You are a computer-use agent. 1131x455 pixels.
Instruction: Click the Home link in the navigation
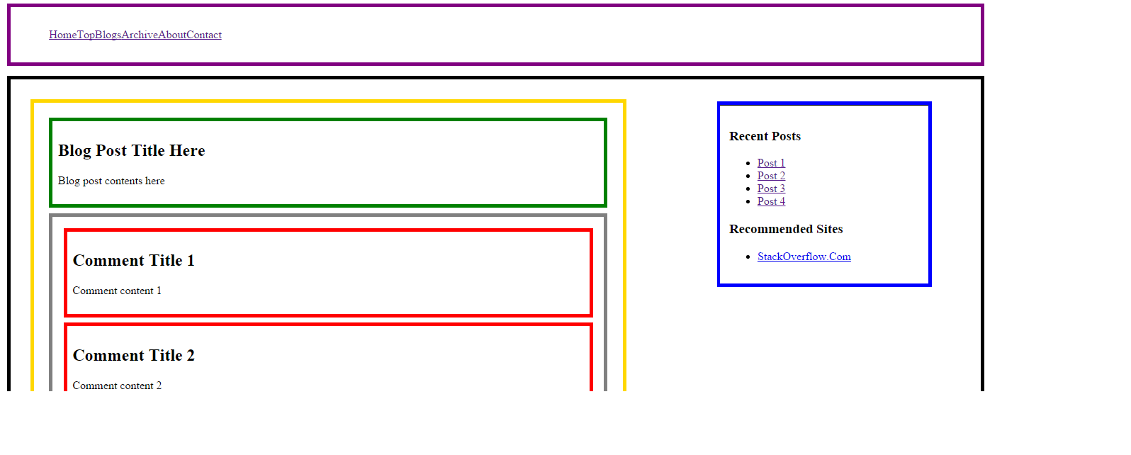[x=62, y=35]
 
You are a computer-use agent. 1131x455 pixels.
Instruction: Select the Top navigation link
[x=86, y=35]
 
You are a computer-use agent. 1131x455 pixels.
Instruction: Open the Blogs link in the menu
[x=108, y=35]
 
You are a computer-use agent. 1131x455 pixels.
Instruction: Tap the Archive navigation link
[x=140, y=35]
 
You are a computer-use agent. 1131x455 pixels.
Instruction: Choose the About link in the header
[x=172, y=35]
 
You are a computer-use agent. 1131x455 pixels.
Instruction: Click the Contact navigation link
[x=204, y=35]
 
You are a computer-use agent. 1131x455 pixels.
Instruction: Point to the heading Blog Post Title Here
[x=131, y=150]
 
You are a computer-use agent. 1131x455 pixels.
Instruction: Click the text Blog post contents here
[x=111, y=181]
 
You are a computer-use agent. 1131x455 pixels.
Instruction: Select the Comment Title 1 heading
[x=133, y=260]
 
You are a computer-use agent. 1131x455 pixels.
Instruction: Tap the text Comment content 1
[x=117, y=291]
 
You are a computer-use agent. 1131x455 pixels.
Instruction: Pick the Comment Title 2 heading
[x=133, y=355]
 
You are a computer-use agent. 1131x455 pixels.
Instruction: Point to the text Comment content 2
[x=117, y=386]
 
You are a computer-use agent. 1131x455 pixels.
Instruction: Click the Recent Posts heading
[x=765, y=136]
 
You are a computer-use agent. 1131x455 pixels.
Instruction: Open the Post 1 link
[x=771, y=163]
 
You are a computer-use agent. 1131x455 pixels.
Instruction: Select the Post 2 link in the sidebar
[x=771, y=176]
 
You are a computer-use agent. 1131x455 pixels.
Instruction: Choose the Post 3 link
[x=771, y=189]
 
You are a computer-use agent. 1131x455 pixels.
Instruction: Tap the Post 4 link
[x=771, y=201]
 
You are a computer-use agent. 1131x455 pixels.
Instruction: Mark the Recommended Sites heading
[x=786, y=229]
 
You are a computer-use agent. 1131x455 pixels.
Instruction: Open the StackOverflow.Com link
[x=804, y=257]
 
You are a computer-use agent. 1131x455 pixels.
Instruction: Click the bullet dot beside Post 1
[x=748, y=164]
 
